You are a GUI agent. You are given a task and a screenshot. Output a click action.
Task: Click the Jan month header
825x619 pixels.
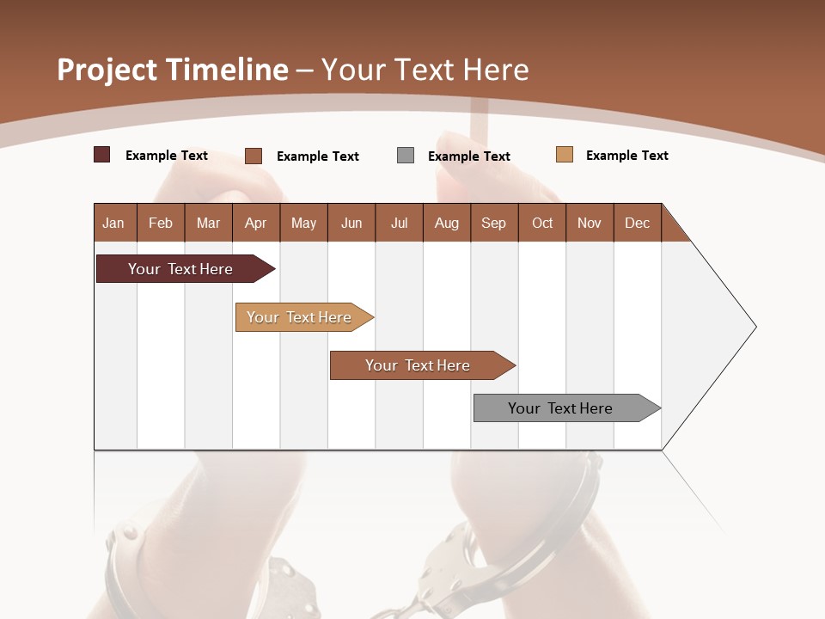[113, 223]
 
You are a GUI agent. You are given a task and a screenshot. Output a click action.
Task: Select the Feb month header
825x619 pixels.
[161, 223]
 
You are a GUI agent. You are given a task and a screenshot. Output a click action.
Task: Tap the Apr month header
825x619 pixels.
[256, 223]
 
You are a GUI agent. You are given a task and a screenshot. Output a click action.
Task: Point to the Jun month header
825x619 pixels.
[351, 223]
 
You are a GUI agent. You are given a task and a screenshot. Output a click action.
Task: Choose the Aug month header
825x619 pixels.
[446, 223]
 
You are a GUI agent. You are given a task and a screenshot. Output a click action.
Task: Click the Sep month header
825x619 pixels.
[493, 223]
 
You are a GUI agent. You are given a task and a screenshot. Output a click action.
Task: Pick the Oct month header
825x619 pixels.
[542, 223]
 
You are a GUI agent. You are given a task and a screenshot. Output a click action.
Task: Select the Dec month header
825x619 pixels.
[637, 223]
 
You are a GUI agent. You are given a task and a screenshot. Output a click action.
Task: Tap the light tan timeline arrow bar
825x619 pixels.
[301, 317]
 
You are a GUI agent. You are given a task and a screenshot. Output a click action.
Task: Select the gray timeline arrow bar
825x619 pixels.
[563, 408]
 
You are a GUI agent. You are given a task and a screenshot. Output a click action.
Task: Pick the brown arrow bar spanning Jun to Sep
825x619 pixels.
[419, 365]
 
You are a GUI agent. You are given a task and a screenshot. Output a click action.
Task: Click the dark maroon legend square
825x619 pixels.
[101, 155]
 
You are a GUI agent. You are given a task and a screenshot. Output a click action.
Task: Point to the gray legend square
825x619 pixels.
[406, 155]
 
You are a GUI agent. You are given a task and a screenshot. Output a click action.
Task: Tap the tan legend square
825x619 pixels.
[565, 155]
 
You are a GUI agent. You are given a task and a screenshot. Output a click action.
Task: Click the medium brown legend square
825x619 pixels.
[254, 156]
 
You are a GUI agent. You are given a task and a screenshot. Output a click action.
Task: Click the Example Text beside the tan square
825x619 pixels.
[626, 156]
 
